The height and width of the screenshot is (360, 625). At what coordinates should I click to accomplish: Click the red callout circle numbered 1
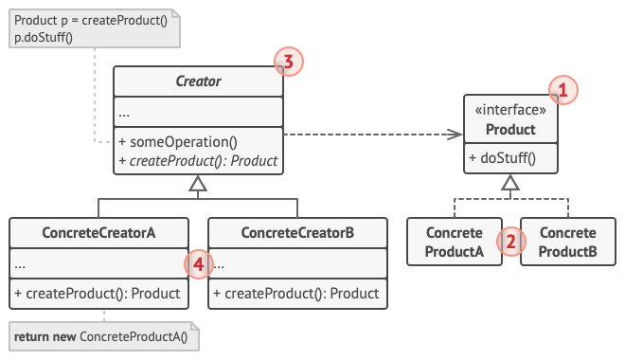point(562,91)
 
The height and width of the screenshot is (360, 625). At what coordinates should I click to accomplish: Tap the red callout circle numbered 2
point(510,241)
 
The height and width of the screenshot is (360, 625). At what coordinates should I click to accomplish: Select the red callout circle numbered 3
point(287,63)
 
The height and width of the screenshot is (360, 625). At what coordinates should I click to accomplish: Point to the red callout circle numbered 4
point(198,265)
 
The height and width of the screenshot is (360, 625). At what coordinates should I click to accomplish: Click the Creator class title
point(198,81)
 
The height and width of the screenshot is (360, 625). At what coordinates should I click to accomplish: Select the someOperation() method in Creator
point(178,142)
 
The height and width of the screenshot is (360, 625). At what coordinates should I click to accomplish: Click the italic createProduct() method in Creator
point(198,160)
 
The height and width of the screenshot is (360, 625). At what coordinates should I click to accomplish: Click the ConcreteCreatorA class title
point(98,232)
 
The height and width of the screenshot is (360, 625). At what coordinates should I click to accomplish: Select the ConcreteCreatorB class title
point(297,232)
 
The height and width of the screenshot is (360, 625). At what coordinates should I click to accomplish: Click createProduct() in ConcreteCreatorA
point(98,293)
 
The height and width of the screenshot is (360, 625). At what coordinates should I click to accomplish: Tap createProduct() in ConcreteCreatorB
point(297,293)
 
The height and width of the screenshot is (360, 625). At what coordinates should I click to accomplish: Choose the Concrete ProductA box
point(455,242)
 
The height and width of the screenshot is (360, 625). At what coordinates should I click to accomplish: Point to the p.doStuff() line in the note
point(44,37)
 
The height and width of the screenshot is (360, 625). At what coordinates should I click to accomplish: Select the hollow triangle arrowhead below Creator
point(198,185)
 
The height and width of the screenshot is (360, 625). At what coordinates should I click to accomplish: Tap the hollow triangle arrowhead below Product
point(510,183)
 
